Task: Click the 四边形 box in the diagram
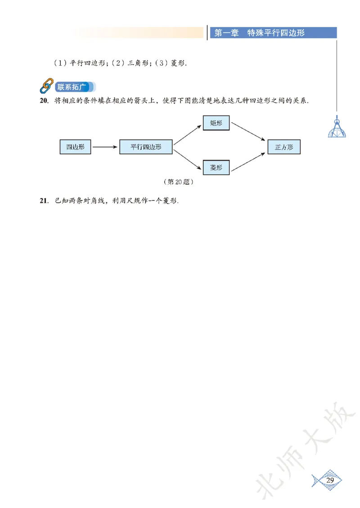[75, 147]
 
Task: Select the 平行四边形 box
[146, 147]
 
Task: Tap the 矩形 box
[216, 123]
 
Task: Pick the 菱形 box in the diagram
[216, 167]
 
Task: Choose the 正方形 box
[284, 147]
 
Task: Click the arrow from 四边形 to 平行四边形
[105, 147]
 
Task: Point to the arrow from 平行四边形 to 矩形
[188, 134]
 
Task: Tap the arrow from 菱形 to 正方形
[247, 160]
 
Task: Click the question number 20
[44, 101]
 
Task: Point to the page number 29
[330, 481]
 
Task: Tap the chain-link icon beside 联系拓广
[46, 86]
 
